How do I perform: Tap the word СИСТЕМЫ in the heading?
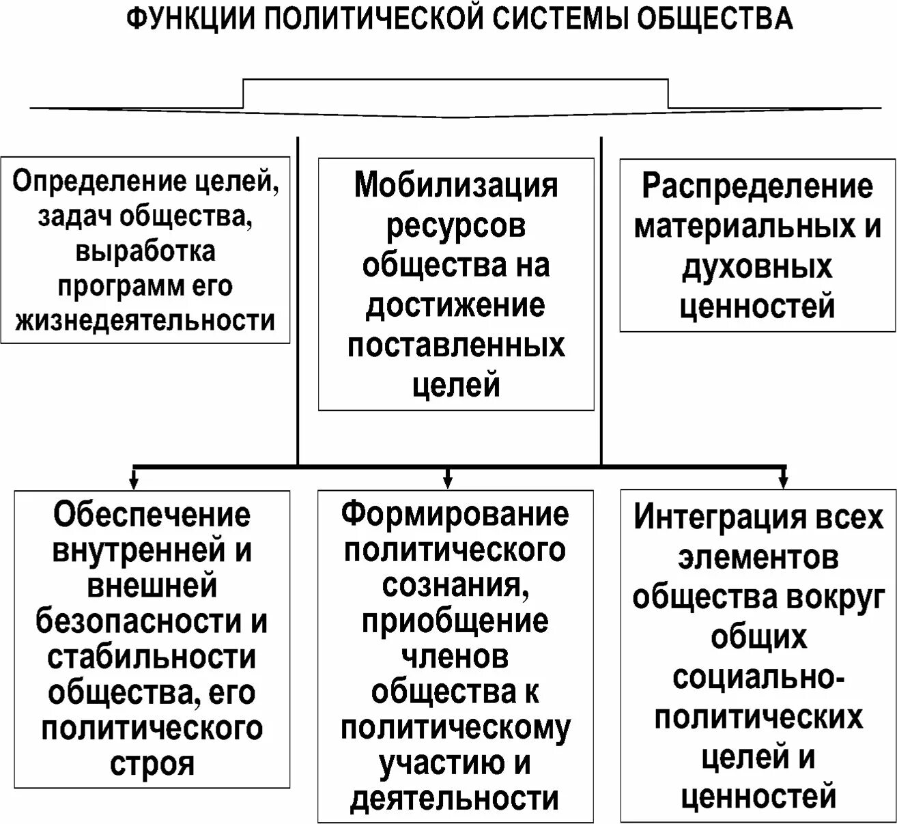[x=556, y=19]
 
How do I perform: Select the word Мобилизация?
[x=456, y=186]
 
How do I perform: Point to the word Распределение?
[x=757, y=187]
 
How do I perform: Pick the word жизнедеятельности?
[x=145, y=320]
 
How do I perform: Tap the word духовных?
[x=757, y=268]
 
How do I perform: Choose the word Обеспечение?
[x=152, y=514]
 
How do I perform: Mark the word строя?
[x=152, y=763]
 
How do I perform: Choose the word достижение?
[x=456, y=306]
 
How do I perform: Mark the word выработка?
[x=145, y=251]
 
